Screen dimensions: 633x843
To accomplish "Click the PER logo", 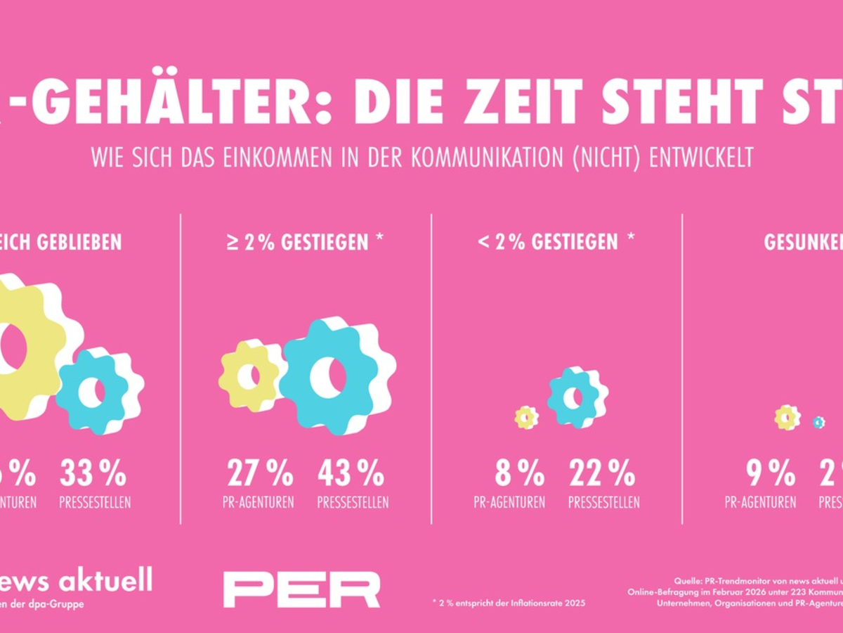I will [x=302, y=589].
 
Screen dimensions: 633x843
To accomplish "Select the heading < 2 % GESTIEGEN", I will [x=556, y=243].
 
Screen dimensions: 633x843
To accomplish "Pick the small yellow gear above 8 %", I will [x=526, y=418].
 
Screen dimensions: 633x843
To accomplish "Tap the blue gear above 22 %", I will [x=574, y=397].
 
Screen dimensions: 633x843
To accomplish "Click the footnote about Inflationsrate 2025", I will [x=509, y=603].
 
